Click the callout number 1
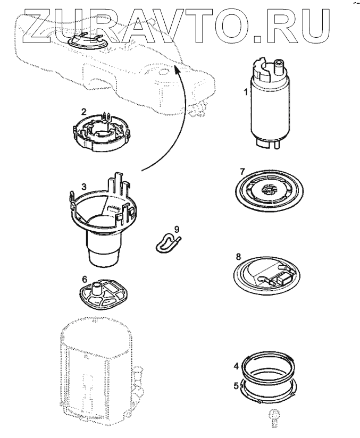[x=245, y=92]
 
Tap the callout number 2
[x=83, y=112]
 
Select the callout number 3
[x=83, y=187]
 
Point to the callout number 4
[x=236, y=366]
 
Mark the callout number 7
[x=241, y=171]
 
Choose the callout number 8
[x=239, y=257]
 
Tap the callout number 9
[x=177, y=229]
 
